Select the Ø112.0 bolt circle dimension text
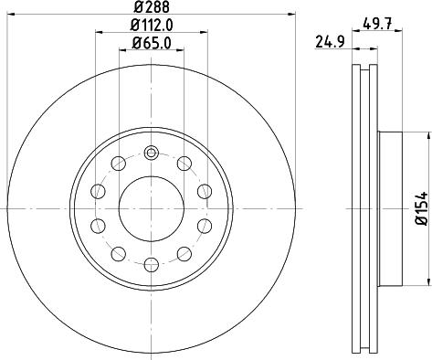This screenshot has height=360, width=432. point(151,25)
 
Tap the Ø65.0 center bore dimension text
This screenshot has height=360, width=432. point(151,42)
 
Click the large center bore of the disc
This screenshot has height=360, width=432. point(152,209)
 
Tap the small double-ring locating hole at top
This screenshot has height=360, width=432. point(152,152)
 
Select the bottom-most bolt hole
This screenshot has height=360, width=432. point(152,266)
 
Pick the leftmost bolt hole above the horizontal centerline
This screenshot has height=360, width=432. point(99,192)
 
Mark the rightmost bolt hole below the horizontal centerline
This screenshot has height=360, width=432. point(205,226)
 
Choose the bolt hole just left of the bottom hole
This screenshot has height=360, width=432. point(119,253)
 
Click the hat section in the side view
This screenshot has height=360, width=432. point(388,209)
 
